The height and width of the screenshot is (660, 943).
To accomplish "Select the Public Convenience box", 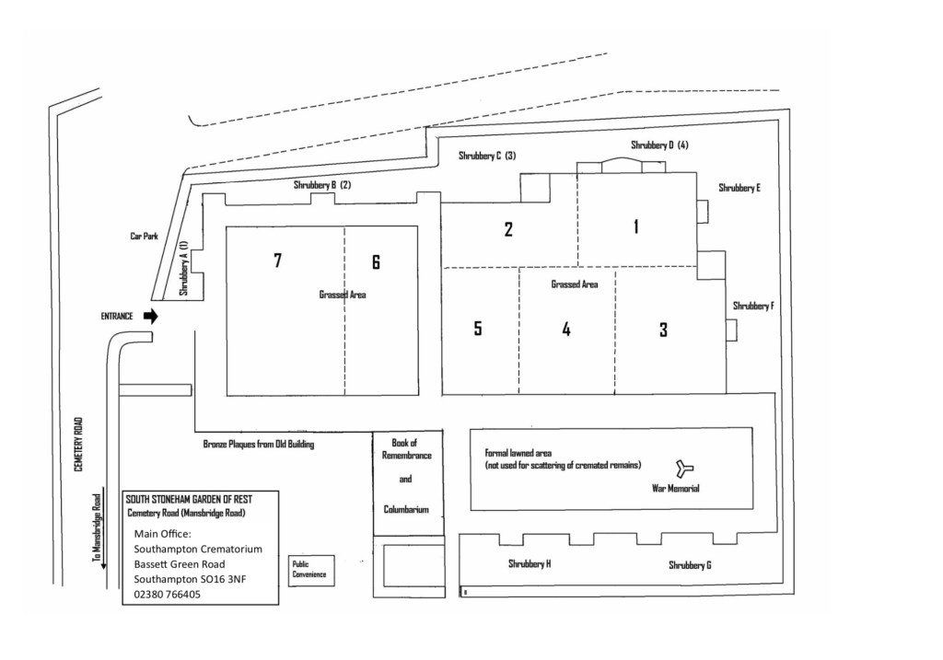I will pos(309,570).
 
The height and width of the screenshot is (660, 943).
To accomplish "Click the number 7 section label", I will pos(277,261).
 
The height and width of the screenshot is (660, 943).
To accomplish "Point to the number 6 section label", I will pos(376,262).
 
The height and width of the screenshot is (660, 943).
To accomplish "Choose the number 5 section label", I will pos(478,329).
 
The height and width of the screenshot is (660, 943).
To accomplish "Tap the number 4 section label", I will pos(566,329).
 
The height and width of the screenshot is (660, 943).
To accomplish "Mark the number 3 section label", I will pos(663,330).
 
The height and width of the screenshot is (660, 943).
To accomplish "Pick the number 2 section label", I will pos(508,229).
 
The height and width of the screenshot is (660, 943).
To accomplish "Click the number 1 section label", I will pos(635,226).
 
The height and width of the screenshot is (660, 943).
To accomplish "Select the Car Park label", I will pos(144,237).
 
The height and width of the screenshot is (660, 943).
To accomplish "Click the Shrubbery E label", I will pos(739,188).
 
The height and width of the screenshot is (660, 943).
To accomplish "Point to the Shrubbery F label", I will pos(752,306).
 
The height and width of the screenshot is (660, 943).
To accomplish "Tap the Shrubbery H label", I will pos(530,563).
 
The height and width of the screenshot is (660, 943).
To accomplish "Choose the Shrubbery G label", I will pos(690,565).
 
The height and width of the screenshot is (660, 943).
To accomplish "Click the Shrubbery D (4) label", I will pos(659,145).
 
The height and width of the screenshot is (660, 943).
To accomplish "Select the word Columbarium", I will pos(406,509).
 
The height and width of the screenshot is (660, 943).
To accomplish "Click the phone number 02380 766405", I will pos(168,595).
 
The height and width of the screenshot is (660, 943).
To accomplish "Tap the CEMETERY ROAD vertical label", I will pos(79,445).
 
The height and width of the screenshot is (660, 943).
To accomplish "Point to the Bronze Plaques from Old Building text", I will pos(259,445).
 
